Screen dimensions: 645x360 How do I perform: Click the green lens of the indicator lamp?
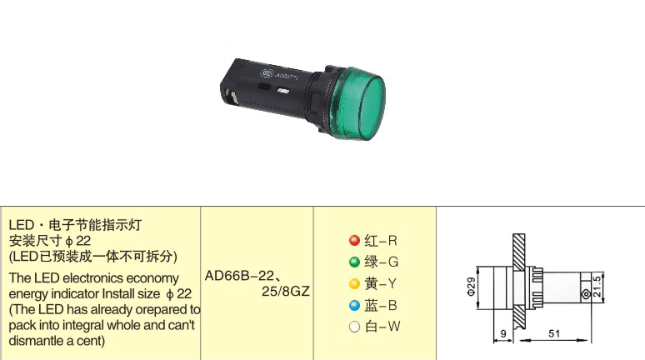click(357, 102)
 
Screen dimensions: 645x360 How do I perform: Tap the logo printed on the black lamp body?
click(267, 73)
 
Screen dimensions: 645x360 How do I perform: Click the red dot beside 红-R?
click(354, 240)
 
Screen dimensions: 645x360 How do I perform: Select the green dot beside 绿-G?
click(354, 262)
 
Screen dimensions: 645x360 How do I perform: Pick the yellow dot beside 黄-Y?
click(354, 283)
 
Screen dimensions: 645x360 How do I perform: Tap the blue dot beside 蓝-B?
click(354, 305)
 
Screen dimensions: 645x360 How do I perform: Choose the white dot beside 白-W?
click(354, 327)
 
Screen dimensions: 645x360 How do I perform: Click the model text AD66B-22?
click(240, 276)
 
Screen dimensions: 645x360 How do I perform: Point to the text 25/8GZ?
click(286, 292)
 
